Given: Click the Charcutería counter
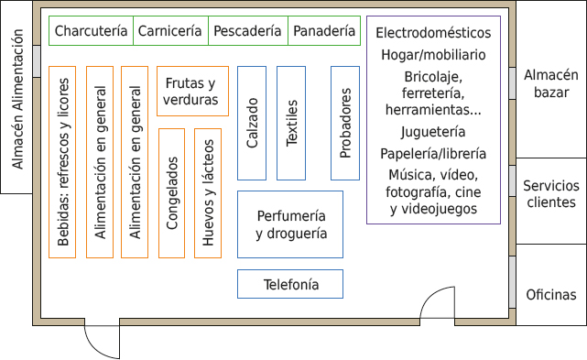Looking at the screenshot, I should pyautogui.click(x=91, y=31).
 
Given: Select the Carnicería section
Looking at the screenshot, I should pyautogui.click(x=170, y=31).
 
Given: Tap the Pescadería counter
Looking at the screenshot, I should pyautogui.click(x=247, y=31).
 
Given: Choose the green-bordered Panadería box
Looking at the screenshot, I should pyautogui.click(x=323, y=31).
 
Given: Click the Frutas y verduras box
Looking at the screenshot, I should pyautogui.click(x=191, y=91).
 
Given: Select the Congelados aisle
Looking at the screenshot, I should pyautogui.click(x=172, y=193).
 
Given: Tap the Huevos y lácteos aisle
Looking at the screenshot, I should pyautogui.click(x=208, y=193).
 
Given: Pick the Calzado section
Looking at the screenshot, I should pyautogui.click(x=252, y=123).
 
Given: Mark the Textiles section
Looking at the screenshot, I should pyautogui.click(x=291, y=123).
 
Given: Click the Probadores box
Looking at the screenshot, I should pyautogui.click(x=344, y=123).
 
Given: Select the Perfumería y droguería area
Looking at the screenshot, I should pyautogui.click(x=290, y=224).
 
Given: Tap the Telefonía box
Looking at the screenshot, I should pyautogui.click(x=290, y=284).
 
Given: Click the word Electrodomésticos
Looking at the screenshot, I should pyautogui.click(x=433, y=33).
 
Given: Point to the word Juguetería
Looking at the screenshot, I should pyautogui.click(x=433, y=132).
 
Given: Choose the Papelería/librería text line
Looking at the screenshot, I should pyautogui.click(x=433, y=153).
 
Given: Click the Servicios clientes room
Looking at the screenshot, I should pyautogui.click(x=551, y=194).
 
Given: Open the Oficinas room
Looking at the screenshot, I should pyautogui.click(x=551, y=295).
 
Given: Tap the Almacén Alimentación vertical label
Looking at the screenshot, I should pyautogui.click(x=16, y=97).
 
